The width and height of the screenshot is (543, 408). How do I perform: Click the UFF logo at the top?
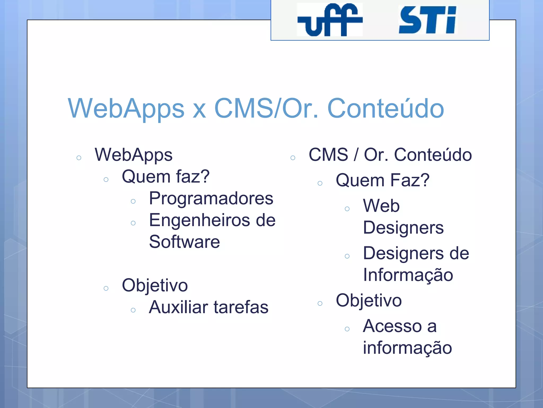point(330,20)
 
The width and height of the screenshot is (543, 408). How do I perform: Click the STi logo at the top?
point(427,20)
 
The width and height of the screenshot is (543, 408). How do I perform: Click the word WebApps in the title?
point(126,108)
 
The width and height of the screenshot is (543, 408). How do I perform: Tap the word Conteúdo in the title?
point(386,108)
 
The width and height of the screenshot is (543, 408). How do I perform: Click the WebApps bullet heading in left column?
point(134,155)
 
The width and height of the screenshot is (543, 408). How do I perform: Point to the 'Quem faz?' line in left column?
point(166,177)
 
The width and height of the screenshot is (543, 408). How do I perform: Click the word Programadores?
point(211,198)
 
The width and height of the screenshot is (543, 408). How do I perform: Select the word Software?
point(185,242)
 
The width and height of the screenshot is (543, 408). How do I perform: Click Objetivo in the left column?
point(155,286)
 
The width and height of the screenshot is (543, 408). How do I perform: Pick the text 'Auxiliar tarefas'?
point(209,307)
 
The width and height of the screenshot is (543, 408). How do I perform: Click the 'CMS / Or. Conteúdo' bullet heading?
point(390,155)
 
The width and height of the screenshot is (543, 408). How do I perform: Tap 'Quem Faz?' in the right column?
point(382,180)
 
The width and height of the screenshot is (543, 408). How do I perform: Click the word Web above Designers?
point(381,206)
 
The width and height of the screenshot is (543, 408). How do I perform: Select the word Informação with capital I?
point(408,275)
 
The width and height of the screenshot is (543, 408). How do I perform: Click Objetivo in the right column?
point(369,300)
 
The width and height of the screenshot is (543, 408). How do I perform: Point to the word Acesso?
point(392,326)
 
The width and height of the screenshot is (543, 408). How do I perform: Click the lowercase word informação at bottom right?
point(408,348)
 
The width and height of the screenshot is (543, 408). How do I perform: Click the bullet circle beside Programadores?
point(133,202)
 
